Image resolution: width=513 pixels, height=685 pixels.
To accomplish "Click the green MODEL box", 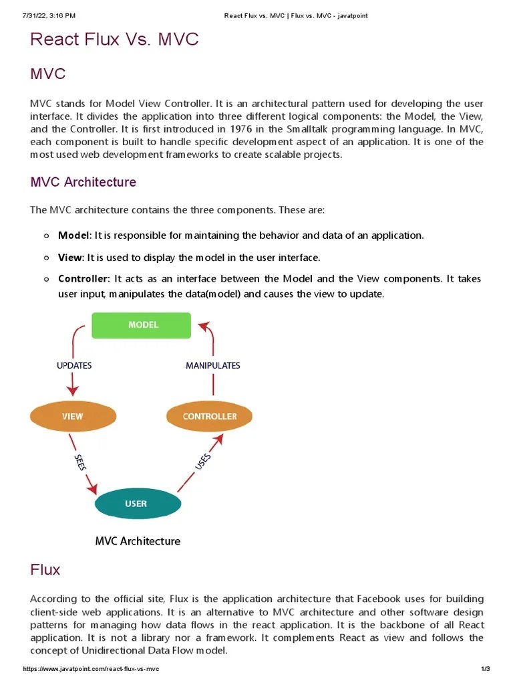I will pyautogui.click(x=141, y=325).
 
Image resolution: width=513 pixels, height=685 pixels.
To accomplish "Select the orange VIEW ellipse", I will pyautogui.click(x=72, y=416).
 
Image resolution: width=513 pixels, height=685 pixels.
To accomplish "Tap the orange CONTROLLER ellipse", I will pyautogui.click(x=210, y=416).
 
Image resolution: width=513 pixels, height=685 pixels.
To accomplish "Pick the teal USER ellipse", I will pyautogui.click(x=136, y=503).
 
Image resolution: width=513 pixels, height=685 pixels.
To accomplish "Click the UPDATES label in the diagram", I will pyautogui.click(x=73, y=365).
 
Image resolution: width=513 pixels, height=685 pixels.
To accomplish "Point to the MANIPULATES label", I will pyautogui.click(x=213, y=365).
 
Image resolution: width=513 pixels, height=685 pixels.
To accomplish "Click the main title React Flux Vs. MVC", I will pyautogui.click(x=114, y=39).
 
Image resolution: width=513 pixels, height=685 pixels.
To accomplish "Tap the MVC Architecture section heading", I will pyautogui.click(x=83, y=182).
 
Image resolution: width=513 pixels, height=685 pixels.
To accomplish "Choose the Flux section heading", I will pyautogui.click(x=45, y=570).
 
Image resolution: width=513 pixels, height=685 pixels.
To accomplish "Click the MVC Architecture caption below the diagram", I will pyautogui.click(x=137, y=541).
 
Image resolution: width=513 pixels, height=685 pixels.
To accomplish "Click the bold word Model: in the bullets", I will pyautogui.click(x=75, y=235).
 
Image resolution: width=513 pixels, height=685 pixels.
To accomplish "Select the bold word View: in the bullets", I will pyautogui.click(x=71, y=258).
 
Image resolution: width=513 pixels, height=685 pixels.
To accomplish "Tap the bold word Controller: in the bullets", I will pyautogui.click(x=83, y=279).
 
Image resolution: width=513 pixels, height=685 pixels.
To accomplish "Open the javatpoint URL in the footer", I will pyautogui.click(x=91, y=670).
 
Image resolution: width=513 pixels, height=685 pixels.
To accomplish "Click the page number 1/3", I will pyautogui.click(x=485, y=670).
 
